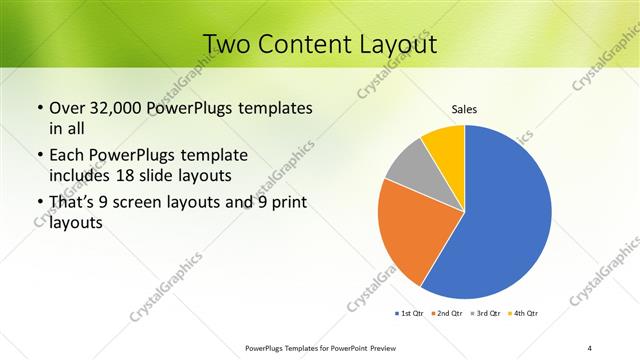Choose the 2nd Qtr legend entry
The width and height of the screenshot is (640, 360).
[x=447, y=314]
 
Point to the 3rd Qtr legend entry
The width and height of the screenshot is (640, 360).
[x=486, y=314]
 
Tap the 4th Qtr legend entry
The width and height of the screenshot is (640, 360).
[x=524, y=314]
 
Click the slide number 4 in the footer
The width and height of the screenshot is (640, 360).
[x=589, y=348]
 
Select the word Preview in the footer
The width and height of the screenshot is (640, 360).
[x=376, y=348]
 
